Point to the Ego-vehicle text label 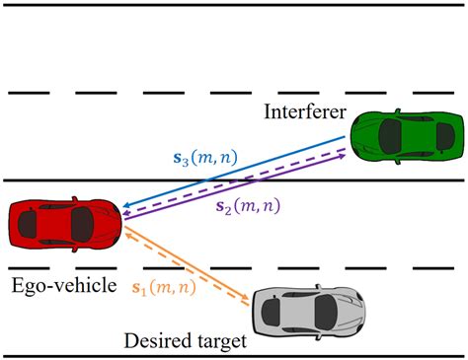coord(61,284)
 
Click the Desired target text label coord(186,340)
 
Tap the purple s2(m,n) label coord(260,207)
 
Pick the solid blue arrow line coord(237,176)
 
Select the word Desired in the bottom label coord(158,340)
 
